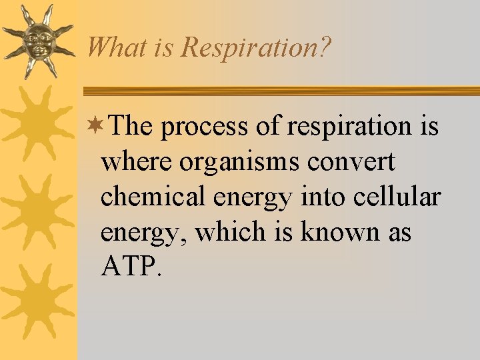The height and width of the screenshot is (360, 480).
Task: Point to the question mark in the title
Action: (325, 47)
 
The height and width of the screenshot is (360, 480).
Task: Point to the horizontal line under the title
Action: (280, 91)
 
